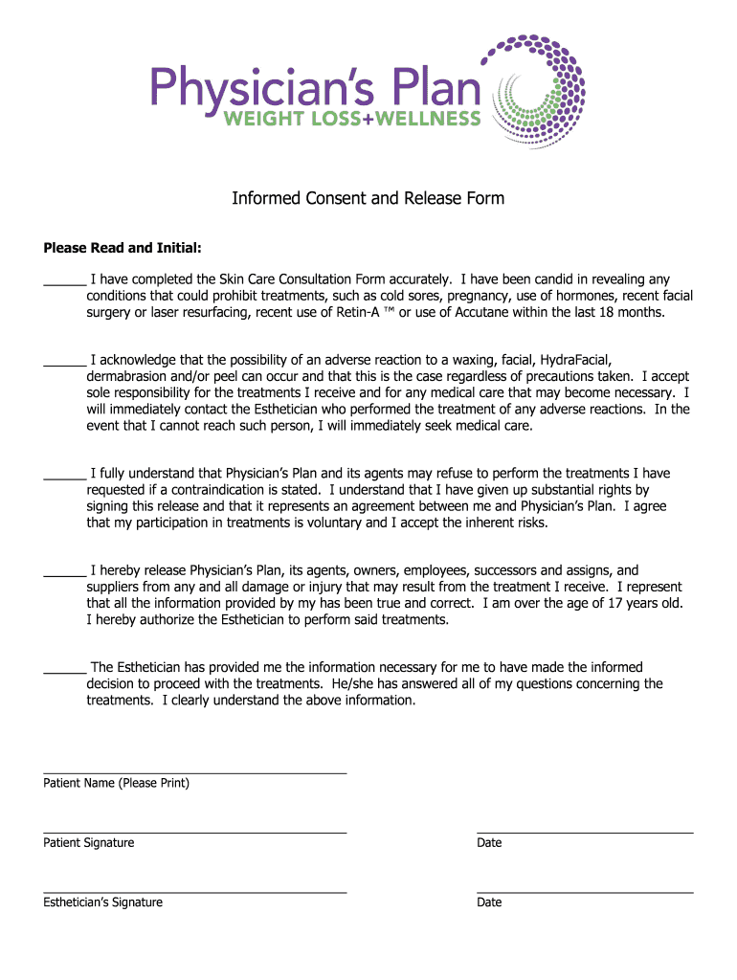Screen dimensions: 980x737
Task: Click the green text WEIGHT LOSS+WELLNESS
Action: [x=352, y=119]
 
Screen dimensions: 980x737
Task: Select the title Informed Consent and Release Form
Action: [x=368, y=199]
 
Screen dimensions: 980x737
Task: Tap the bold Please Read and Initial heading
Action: [x=123, y=248]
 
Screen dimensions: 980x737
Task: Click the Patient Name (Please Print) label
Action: [x=117, y=783]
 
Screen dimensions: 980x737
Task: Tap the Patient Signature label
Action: [x=89, y=843]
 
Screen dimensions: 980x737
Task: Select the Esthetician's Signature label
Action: [x=103, y=902]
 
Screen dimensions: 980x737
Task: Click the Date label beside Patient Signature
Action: [x=489, y=843]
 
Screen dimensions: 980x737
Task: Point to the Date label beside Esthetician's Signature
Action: [x=489, y=902]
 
